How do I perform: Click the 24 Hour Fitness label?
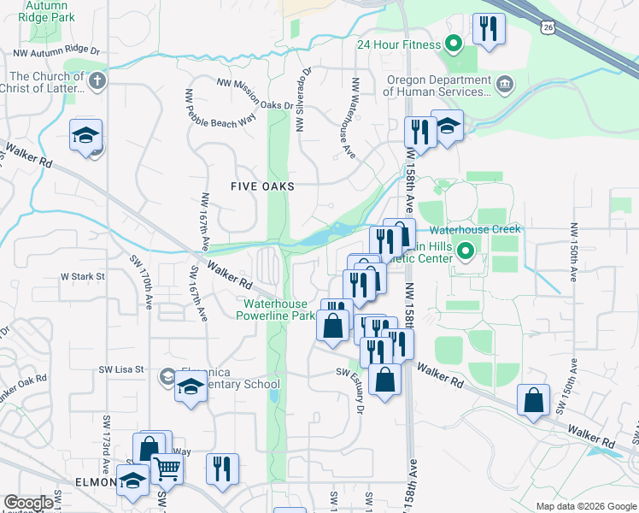(399, 44)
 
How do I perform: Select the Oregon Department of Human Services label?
(437, 85)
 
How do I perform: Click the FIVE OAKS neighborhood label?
(262, 186)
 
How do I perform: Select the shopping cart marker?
(167, 468)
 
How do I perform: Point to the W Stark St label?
(82, 277)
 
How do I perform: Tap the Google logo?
(28, 503)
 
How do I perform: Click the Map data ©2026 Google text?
(585, 506)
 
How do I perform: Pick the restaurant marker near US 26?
(489, 29)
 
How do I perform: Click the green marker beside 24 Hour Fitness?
(454, 44)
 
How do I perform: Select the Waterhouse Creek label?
(474, 230)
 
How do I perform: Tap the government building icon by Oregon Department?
(505, 83)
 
